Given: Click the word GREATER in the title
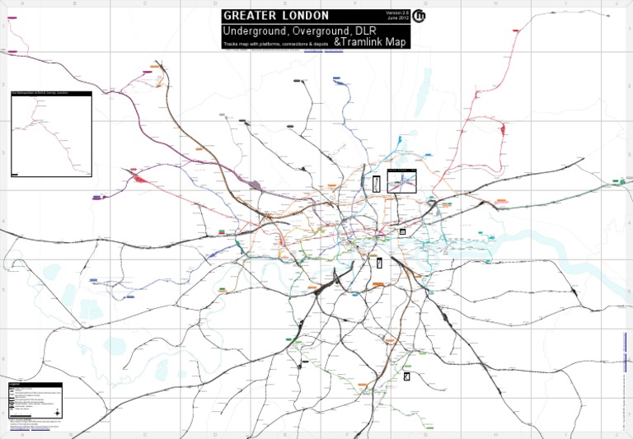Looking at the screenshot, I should [x=250, y=16].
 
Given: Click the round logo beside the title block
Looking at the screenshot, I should [x=420, y=16].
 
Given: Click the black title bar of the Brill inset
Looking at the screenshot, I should [x=49, y=93].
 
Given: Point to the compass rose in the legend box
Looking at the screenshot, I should [x=54, y=401].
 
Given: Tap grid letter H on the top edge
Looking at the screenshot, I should [x=496, y=3].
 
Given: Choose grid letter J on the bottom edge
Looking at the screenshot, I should [x=617, y=436].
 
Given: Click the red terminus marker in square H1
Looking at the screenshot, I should [x=517, y=30].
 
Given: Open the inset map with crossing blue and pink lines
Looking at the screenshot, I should [x=401, y=181].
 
